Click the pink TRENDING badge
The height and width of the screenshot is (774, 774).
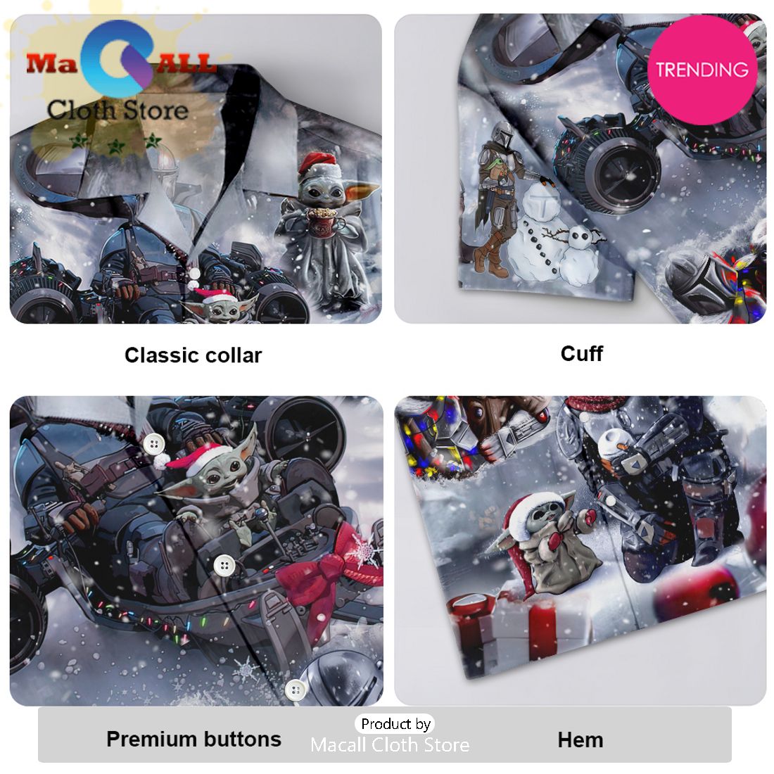[702, 70]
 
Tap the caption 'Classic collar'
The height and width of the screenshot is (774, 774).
[193, 355]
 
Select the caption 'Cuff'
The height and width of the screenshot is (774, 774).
[581, 353]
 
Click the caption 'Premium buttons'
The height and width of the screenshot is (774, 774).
[194, 739]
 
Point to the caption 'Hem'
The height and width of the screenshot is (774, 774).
[580, 740]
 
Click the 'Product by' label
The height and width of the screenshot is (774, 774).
[396, 723]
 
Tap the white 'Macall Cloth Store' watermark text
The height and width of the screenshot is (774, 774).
[390, 744]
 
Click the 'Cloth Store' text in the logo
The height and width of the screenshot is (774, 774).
[118, 110]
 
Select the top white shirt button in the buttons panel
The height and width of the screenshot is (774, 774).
[154, 444]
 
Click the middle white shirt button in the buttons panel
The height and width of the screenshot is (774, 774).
[225, 565]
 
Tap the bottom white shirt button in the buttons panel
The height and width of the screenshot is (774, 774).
[296, 689]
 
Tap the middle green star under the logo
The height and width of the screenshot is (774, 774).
[117, 146]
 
